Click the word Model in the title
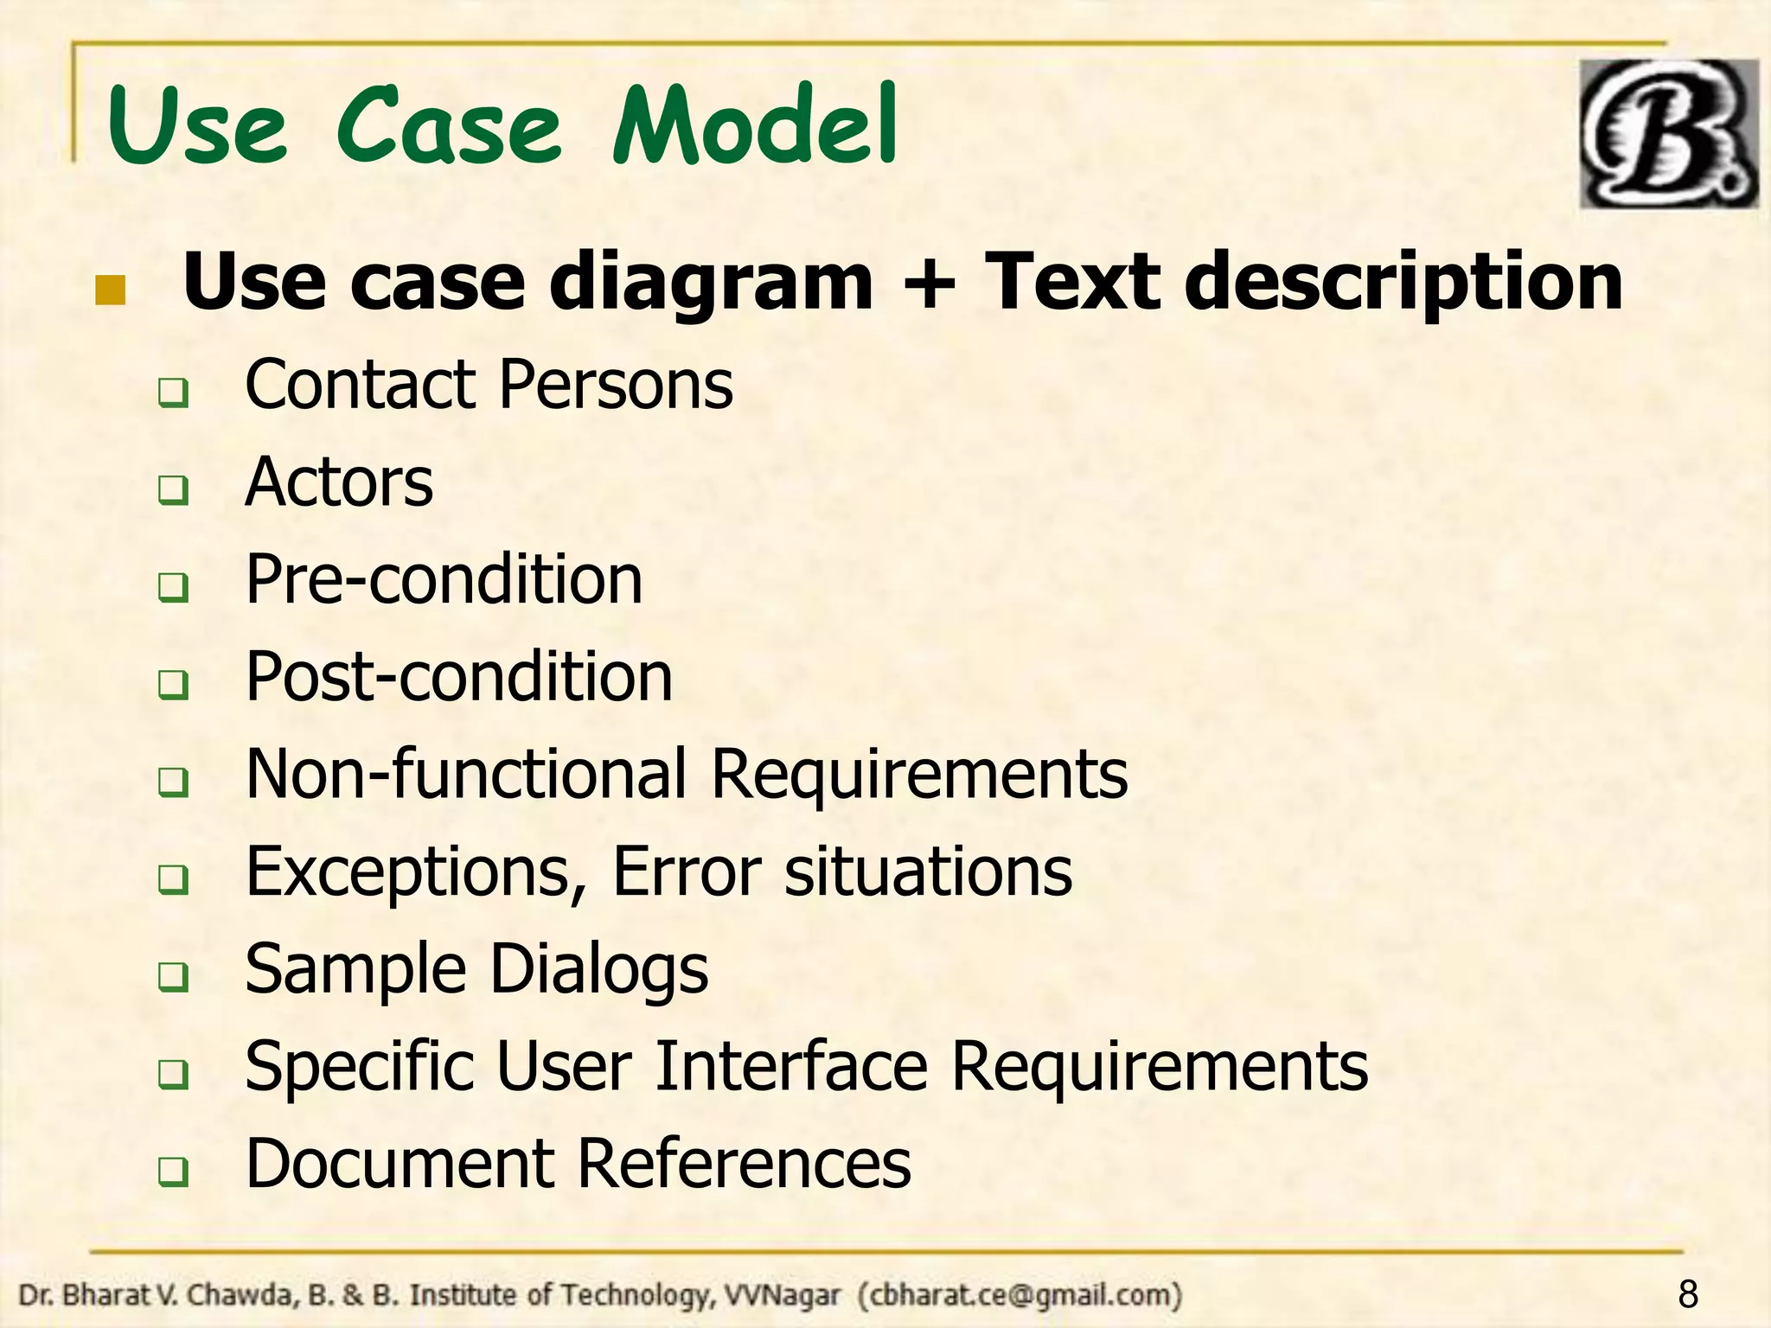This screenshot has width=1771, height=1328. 755,126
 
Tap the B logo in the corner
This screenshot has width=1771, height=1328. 1668,134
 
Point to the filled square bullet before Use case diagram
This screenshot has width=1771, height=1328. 111,291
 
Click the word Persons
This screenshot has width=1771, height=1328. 617,385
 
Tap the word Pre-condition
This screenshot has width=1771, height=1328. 444,579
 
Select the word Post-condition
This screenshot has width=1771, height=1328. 458,676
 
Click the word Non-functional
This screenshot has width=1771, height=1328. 466,773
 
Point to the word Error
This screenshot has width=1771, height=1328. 687,871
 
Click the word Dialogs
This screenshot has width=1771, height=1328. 598,969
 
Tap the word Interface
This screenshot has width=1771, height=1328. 791,1066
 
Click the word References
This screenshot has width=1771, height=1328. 743,1164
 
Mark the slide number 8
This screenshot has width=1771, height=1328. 1688,1295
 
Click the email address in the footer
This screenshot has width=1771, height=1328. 1020,1295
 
